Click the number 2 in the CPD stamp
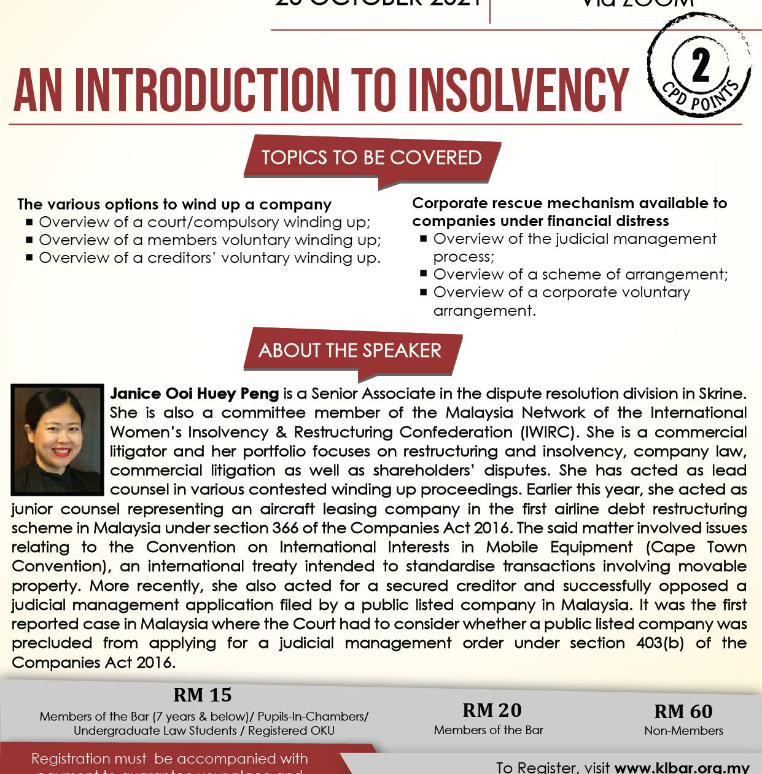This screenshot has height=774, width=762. pyautogui.click(x=700, y=66)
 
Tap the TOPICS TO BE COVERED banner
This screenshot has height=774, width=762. pyautogui.click(x=371, y=158)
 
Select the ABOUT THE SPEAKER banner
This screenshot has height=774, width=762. pyautogui.click(x=350, y=351)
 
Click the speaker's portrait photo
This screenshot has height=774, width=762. pyautogui.click(x=57, y=439)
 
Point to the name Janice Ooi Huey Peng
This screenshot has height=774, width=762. pyautogui.click(x=194, y=393)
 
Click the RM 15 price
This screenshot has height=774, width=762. pyautogui.click(x=203, y=695)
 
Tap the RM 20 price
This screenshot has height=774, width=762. pyautogui.click(x=492, y=710)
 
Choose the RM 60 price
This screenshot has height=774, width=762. pyautogui.click(x=683, y=711)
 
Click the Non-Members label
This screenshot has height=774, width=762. pyautogui.click(x=683, y=730)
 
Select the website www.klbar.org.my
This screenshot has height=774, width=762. pyautogui.click(x=682, y=767)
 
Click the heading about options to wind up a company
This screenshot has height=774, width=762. pyautogui.click(x=174, y=204)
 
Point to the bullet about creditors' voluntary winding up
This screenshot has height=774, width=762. pyautogui.click(x=209, y=257)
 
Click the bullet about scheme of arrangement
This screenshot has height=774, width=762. pyautogui.click(x=580, y=274)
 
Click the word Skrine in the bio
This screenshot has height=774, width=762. pyautogui.click(x=722, y=393)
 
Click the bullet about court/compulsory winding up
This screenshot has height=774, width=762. pyautogui.click(x=204, y=222)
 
